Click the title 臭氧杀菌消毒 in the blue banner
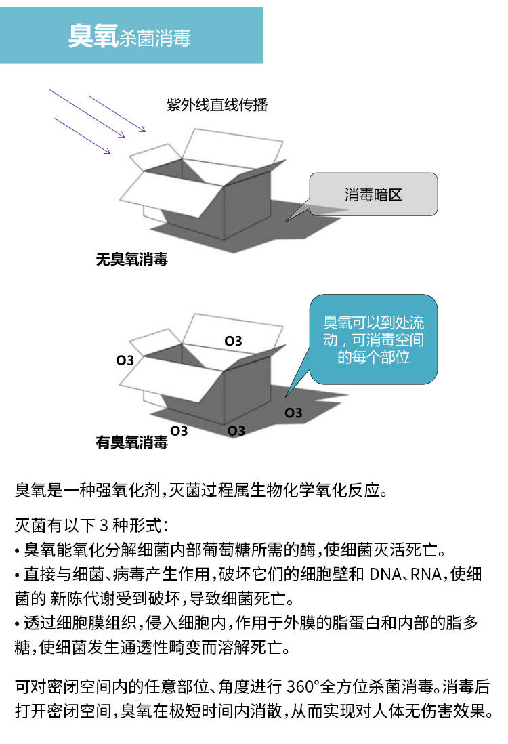coord(129,36)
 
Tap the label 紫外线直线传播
coord(217,104)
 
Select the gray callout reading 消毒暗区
coord(373,194)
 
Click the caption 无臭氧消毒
coord(132,259)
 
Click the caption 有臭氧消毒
coord(132,442)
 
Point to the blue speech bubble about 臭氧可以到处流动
coord(373,339)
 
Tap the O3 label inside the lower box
coord(234,341)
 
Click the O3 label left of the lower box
coord(125,360)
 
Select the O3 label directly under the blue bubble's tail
coord(293,413)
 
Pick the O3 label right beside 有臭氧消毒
coord(179,431)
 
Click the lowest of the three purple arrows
coord(83,136)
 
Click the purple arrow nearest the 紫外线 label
coord(117,114)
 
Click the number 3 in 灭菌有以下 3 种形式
coord(104,526)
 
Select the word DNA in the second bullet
coord(385,574)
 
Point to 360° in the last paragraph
coord(303,686)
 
